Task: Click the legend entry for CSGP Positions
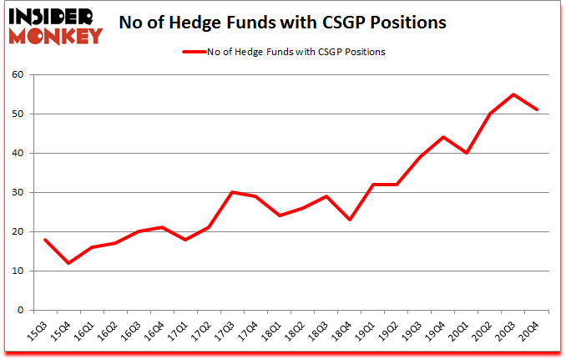283,52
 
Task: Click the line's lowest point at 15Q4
68,263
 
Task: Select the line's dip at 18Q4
350,220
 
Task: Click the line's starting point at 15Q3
45,240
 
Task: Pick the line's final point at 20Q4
536,109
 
